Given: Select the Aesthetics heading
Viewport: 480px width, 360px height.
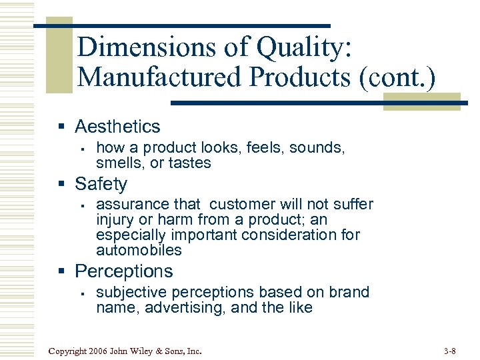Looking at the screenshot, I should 117,126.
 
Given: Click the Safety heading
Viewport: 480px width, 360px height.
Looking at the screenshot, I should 101,183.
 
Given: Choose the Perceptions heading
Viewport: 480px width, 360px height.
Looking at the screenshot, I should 123,271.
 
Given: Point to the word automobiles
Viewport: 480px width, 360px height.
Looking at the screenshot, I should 139,251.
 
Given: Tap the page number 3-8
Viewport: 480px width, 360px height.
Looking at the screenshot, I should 449,351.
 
